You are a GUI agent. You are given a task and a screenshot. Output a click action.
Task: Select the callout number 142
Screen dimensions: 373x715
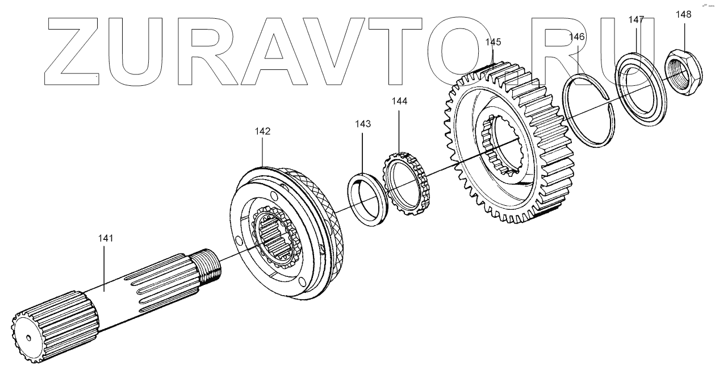[262, 131]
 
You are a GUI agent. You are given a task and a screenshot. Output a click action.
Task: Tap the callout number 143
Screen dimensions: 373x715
[363, 124]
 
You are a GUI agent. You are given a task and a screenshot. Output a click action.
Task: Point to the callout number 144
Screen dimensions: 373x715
[399, 101]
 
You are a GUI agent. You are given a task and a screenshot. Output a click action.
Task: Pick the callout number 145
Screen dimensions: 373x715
[493, 42]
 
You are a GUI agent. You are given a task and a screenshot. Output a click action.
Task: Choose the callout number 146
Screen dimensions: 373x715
[576, 37]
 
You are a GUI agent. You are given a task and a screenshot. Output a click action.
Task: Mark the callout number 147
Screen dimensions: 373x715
[636, 20]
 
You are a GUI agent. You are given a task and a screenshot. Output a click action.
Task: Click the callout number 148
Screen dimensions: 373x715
[684, 15]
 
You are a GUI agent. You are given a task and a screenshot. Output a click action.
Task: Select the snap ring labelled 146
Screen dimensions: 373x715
[588, 110]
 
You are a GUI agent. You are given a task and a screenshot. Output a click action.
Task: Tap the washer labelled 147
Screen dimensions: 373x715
[641, 88]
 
